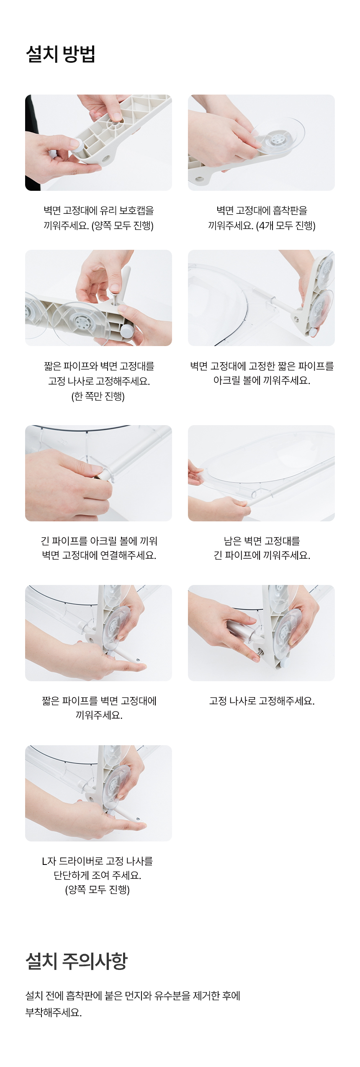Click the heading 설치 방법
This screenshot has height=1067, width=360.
click(x=61, y=54)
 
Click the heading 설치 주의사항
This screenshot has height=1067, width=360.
click(x=77, y=961)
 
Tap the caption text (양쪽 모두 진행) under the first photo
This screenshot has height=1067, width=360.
click(x=122, y=226)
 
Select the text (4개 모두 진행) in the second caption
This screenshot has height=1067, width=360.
click(x=285, y=226)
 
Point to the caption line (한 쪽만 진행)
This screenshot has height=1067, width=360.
click(x=98, y=396)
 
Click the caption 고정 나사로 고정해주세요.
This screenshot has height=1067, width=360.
click(x=262, y=701)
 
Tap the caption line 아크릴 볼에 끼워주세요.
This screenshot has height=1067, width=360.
click(x=262, y=380)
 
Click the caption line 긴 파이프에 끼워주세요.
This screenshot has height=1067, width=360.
click(x=262, y=555)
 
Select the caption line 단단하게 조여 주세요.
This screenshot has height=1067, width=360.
click(x=98, y=875)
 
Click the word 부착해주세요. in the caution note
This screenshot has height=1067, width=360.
click(x=54, y=1013)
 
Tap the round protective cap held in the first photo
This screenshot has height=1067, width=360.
click(x=77, y=145)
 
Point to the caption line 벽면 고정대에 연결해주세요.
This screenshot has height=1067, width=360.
click(x=99, y=555)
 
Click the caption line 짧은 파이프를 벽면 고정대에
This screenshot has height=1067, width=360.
click(x=99, y=701)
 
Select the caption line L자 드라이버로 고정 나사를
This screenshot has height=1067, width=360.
click(x=98, y=861)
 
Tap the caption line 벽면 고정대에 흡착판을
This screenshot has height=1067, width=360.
click(x=262, y=210)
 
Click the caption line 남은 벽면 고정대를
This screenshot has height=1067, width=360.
click(x=262, y=541)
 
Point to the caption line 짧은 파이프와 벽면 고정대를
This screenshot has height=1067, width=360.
click(x=99, y=366)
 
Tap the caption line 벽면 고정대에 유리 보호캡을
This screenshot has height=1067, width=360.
click(x=99, y=210)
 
